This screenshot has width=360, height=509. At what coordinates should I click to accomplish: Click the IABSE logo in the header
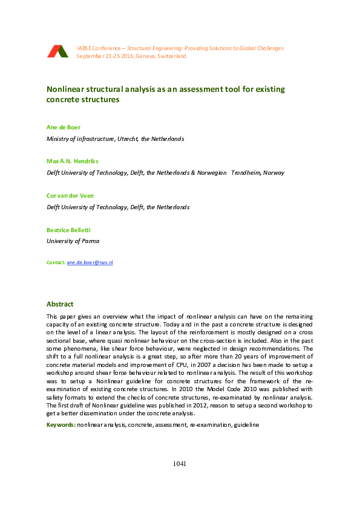(57, 51)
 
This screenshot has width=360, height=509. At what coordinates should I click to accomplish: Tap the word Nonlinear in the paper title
(65, 89)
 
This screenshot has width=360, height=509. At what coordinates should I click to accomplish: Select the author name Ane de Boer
(62, 128)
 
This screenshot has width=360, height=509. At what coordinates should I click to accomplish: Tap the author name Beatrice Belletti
(69, 230)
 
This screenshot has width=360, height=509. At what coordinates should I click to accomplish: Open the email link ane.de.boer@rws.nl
(90, 263)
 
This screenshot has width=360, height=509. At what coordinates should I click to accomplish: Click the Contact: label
(56, 263)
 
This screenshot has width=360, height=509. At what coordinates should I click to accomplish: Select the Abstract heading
(60, 304)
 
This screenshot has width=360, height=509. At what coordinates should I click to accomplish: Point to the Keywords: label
(61, 425)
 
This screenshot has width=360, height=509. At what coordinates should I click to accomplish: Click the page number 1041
(179, 464)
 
